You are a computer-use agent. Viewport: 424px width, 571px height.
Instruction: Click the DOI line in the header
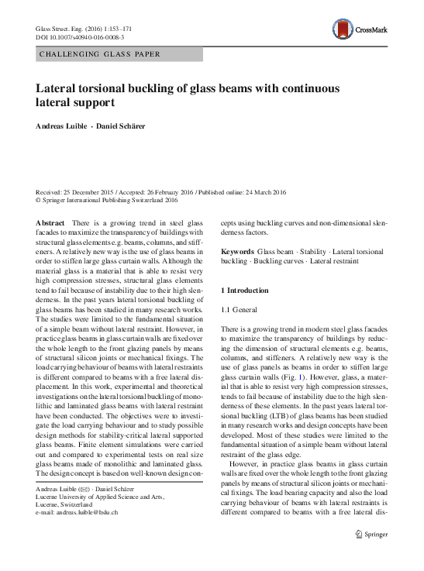[71, 37]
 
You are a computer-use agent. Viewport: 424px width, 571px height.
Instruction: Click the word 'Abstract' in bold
[51, 222]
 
